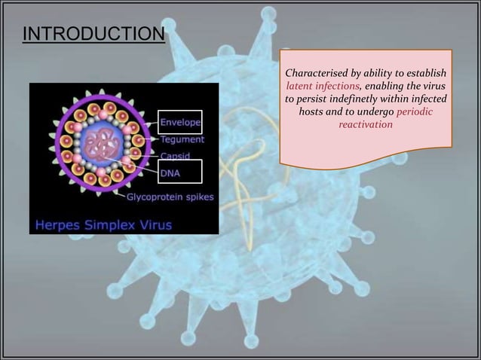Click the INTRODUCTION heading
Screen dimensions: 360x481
coord(93,35)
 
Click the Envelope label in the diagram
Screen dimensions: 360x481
coord(179,121)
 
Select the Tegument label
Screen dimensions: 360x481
coord(181,139)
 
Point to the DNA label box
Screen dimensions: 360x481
coord(179,172)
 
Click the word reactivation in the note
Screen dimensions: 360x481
coord(366,124)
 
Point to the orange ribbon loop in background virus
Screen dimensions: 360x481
coord(243,162)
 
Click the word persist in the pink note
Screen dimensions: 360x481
coord(315,99)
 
